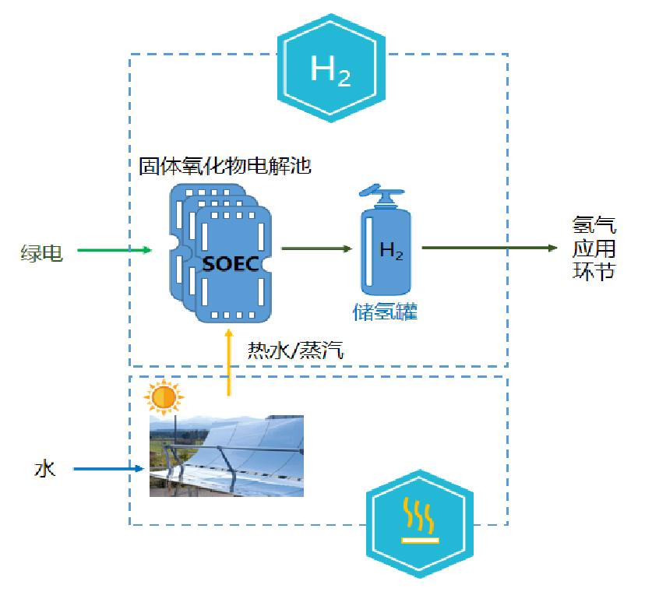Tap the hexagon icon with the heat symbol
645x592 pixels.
(x=419, y=521)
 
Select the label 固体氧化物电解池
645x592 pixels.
(x=225, y=166)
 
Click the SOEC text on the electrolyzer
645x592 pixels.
(x=230, y=263)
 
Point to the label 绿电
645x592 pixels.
(x=42, y=252)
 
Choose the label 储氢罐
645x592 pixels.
(x=385, y=312)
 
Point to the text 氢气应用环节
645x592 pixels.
(x=594, y=248)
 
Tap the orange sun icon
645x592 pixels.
(x=164, y=398)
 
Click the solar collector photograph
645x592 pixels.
(x=226, y=456)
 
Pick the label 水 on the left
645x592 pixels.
(x=44, y=469)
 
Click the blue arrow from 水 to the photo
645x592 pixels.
(x=109, y=469)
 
